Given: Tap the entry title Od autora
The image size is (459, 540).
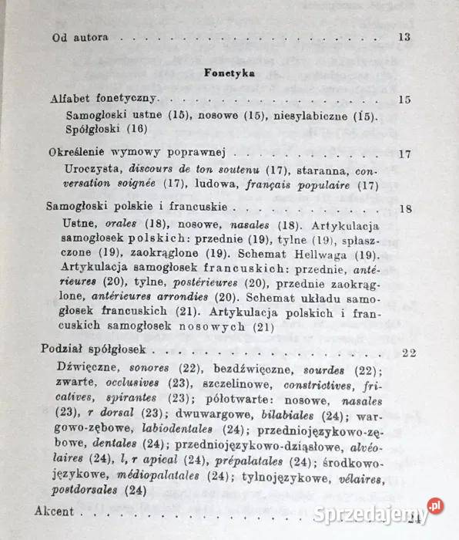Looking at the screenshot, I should click(x=79, y=37).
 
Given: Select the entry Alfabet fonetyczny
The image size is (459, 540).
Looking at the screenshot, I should click(x=103, y=100).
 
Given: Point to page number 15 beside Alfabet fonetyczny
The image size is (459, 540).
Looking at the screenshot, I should click(x=406, y=100).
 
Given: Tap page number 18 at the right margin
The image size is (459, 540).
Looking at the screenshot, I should click(x=407, y=208).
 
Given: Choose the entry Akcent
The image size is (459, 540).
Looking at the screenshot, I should click(x=55, y=511).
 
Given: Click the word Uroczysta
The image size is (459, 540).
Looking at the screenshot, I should click(x=94, y=169).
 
